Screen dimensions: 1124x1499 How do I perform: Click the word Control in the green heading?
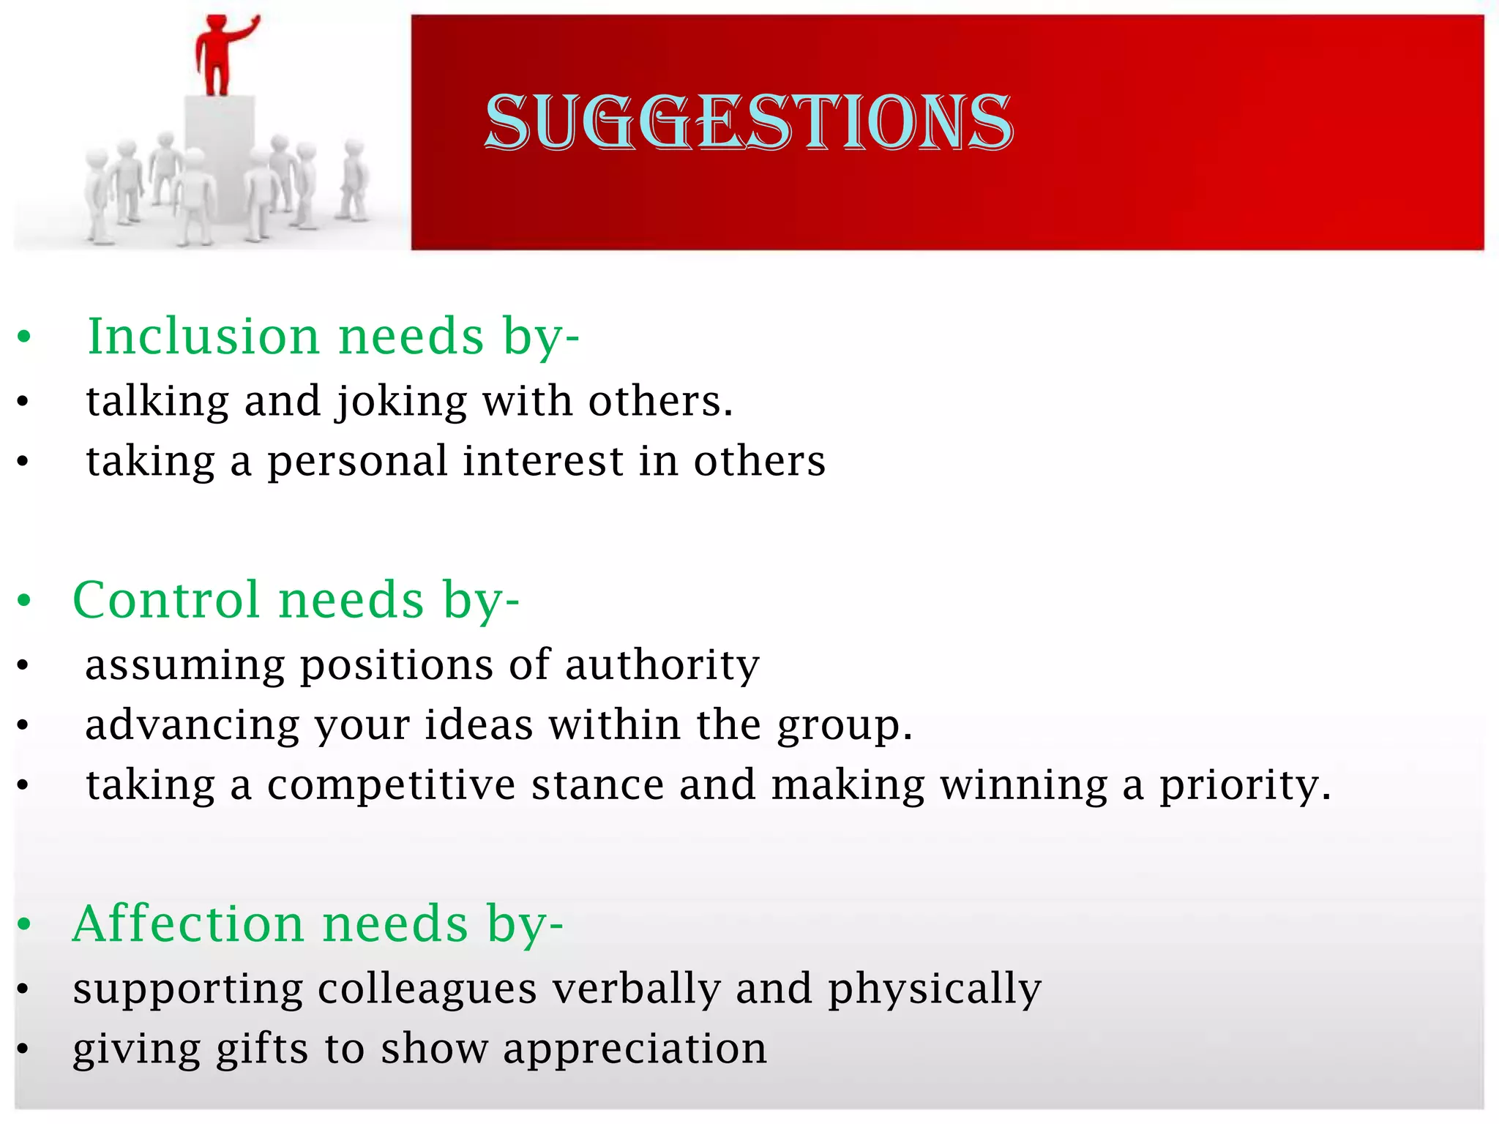167,600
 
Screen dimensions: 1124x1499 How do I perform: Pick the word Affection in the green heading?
187,923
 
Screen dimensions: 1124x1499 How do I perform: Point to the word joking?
402,402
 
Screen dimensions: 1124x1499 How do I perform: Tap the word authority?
662,666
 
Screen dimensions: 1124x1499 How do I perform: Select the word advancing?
192,726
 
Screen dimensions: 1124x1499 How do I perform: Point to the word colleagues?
428,989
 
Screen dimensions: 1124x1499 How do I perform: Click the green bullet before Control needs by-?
25,601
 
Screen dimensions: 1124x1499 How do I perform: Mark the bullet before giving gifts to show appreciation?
23,1049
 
